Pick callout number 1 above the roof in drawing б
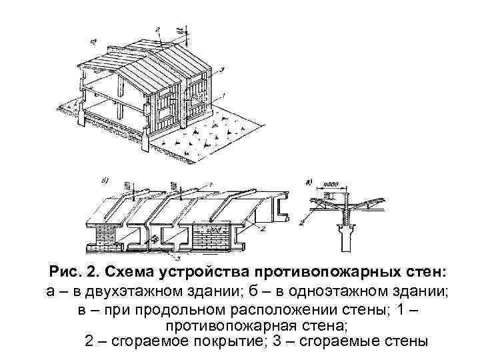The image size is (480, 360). click(211, 185)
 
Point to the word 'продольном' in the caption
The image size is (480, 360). click(171, 311)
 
